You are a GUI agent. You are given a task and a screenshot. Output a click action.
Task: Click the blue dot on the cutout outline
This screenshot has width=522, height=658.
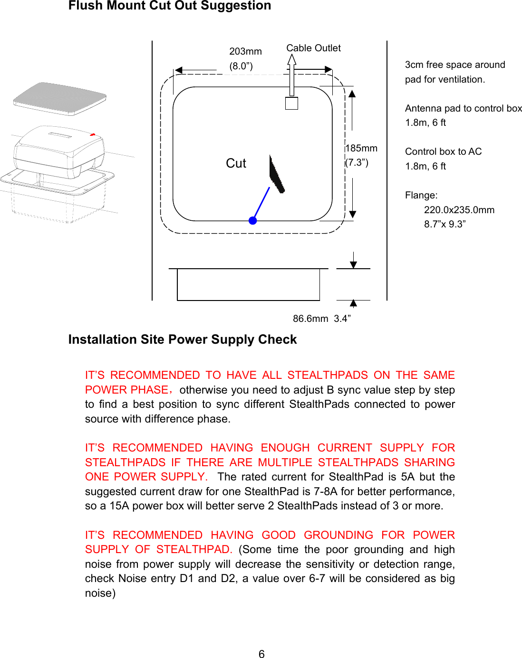pos(253,220)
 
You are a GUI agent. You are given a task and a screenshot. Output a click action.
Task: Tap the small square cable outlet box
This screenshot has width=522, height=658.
pos(291,103)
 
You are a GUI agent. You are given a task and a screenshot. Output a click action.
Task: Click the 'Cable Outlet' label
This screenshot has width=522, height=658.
pos(313,48)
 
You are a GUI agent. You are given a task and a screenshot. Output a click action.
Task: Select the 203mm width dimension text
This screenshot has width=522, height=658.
pos(245,51)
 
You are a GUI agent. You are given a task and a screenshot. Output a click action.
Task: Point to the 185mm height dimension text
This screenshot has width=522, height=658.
pos(362,148)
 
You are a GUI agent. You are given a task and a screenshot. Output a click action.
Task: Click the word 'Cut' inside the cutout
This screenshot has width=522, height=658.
pos(236,163)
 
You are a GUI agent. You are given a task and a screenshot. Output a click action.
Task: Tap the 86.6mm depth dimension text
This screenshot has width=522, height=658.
pos(310,319)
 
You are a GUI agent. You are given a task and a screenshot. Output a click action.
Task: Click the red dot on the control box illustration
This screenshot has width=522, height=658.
pos(93,135)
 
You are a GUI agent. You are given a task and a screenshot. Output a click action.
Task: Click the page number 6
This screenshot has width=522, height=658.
pos(261,654)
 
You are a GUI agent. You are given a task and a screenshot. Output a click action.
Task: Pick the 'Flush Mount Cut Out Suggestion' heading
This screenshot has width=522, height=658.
pos(170,6)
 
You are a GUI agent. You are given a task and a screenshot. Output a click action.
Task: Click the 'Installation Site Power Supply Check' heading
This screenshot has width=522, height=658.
pos(183,339)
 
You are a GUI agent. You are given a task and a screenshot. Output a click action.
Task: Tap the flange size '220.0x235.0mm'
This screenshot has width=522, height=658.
pos(459,210)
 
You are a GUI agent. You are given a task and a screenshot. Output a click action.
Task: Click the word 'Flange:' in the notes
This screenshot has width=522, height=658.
pos(421,195)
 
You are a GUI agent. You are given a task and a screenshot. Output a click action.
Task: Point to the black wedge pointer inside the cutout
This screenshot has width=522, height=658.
pos(277,174)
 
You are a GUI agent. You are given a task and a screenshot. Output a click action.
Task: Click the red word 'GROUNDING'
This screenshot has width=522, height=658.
pos(338,535)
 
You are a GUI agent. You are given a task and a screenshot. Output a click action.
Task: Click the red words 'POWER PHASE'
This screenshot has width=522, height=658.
pos(126,390)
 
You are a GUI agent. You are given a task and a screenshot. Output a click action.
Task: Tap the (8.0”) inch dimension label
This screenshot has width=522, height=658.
pos(241,66)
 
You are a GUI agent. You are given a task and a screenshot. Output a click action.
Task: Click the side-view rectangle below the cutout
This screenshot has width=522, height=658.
pos(248,284)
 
